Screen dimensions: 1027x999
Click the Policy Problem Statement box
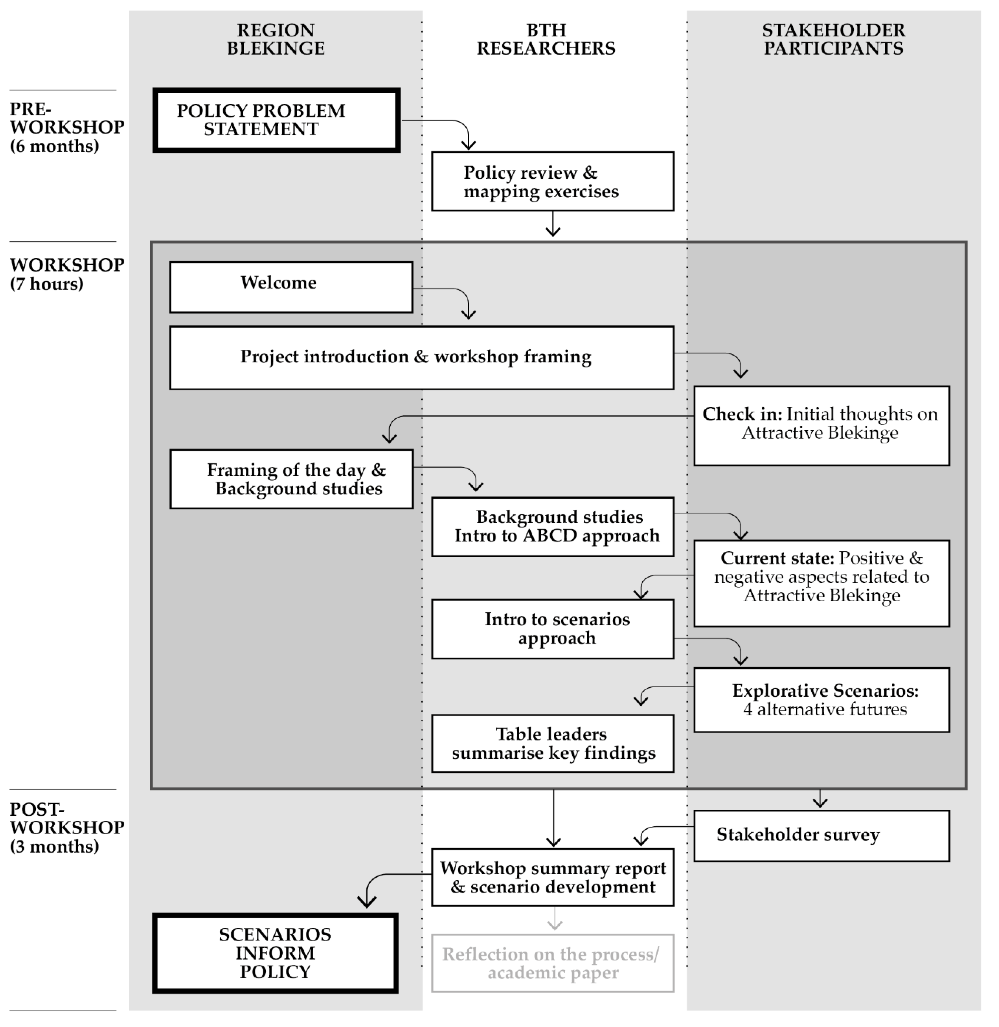[277, 121]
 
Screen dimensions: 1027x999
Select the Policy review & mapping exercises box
[553, 182]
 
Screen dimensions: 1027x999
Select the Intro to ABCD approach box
[553, 527]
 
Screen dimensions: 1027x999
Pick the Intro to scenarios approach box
[553, 629]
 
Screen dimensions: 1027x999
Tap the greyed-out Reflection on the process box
[553, 963]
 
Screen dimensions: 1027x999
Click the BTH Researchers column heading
[546, 39]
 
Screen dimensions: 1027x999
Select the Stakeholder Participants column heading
[833, 39]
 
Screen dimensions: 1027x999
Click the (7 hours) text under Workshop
[47, 284]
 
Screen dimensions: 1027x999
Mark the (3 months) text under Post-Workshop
[54, 846]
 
